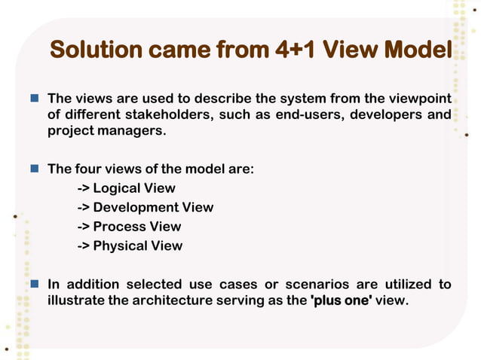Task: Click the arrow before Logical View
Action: point(83,188)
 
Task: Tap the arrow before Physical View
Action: point(83,246)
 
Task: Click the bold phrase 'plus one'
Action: point(341,301)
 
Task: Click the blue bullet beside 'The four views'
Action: point(35,169)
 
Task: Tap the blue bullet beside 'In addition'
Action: point(35,284)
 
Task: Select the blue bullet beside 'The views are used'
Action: point(35,99)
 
